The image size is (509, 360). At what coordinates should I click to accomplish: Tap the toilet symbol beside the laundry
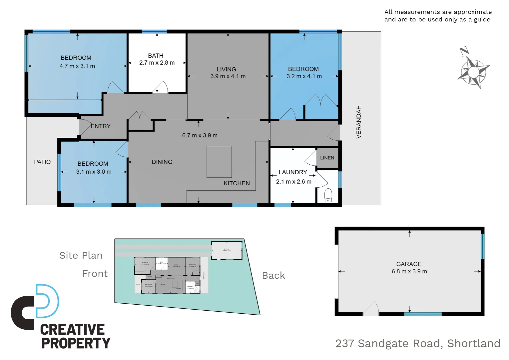(x=328, y=195)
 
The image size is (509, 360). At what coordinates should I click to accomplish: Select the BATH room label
(x=156, y=56)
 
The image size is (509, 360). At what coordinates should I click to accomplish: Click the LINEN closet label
(x=327, y=158)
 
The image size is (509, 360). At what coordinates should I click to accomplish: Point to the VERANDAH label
(x=359, y=122)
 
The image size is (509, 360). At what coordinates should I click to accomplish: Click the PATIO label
(x=42, y=162)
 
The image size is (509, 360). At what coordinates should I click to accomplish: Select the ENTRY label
(x=101, y=126)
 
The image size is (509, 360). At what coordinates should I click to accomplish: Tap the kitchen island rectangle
(x=219, y=162)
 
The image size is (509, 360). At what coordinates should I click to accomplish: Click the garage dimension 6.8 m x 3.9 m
(x=409, y=272)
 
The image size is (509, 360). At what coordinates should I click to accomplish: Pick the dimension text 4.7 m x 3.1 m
(x=77, y=66)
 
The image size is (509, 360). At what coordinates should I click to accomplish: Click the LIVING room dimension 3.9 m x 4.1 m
(x=228, y=76)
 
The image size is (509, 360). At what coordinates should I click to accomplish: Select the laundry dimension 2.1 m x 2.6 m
(x=293, y=182)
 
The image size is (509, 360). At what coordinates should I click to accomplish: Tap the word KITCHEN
(x=237, y=183)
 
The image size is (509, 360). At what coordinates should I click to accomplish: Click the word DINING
(x=162, y=162)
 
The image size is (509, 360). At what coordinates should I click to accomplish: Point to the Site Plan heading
(x=81, y=255)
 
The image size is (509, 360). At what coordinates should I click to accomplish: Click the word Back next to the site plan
(x=273, y=276)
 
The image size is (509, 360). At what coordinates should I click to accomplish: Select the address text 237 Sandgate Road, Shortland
(x=418, y=343)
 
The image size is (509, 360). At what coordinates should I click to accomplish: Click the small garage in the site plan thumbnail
(x=227, y=250)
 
